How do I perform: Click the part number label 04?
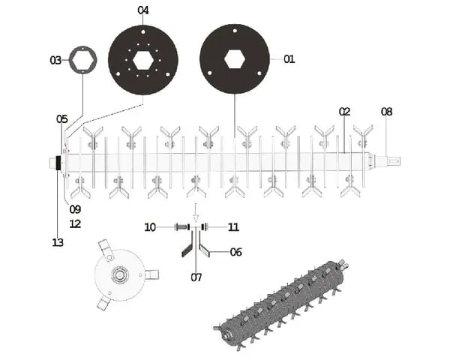point(143,10)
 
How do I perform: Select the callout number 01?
point(289,59)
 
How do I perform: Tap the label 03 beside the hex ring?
point(55,60)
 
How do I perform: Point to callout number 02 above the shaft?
point(345,112)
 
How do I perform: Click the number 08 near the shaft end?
point(386,112)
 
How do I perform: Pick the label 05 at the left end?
point(62,118)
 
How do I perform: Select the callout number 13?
point(58,242)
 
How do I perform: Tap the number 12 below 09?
point(75,224)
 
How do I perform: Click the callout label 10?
point(150,227)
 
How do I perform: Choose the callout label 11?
point(233,227)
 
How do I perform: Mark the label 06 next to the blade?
point(236,252)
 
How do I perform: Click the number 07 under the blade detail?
point(196,277)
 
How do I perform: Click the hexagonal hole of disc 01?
point(235,59)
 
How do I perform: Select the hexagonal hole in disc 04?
point(143,60)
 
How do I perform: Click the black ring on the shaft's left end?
point(58,163)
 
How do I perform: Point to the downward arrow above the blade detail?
point(196,213)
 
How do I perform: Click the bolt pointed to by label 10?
point(181,227)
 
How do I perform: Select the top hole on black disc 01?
point(235,31)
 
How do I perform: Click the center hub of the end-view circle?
point(118,275)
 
